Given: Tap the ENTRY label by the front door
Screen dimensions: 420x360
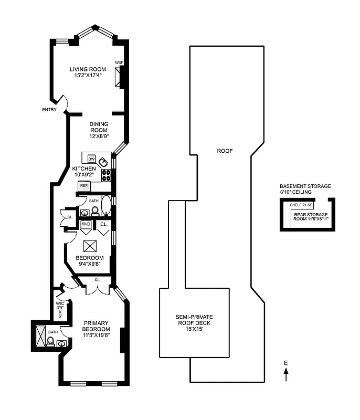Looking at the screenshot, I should coord(50,110).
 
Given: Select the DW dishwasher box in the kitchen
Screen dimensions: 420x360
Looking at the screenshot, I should coord(91,159).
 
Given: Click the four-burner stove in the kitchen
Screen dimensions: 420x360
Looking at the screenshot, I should coord(107,175).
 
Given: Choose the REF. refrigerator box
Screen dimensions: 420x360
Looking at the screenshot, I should coord(83,185).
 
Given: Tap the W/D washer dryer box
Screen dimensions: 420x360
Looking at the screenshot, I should coord(86,225).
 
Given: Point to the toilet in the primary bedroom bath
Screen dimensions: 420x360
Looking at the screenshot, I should coord(50,342).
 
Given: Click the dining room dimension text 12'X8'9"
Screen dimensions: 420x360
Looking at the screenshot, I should coord(98,136).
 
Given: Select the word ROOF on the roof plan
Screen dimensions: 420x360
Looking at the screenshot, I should coord(225,151).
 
